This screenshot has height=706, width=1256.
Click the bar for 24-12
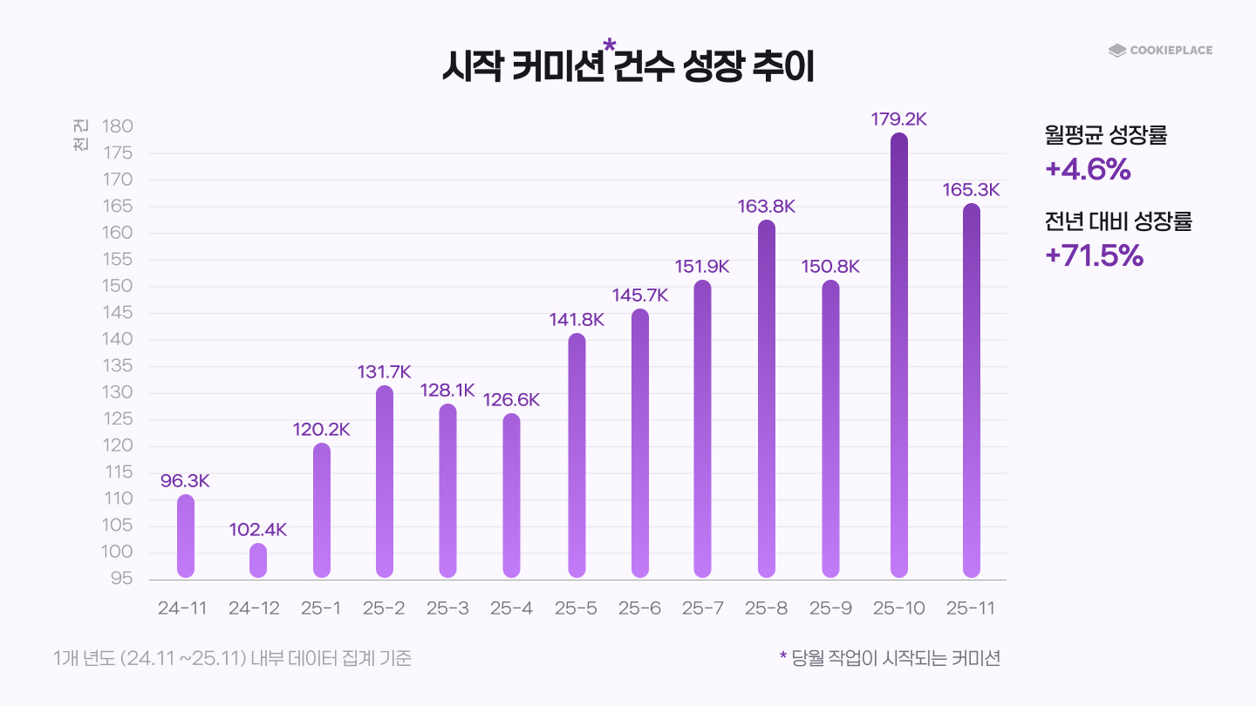click(258, 560)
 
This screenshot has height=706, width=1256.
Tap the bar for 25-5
click(577, 455)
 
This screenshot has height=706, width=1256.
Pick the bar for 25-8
click(767, 398)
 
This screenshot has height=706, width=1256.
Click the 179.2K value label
click(898, 119)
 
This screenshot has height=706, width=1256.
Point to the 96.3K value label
click(186, 481)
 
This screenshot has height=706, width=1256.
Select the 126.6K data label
click(512, 400)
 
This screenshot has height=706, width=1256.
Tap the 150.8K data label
click(830, 267)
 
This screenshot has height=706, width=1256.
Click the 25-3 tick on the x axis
click(447, 608)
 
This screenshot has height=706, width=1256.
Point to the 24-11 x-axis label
click(182, 608)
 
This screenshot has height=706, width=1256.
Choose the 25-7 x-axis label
click(703, 608)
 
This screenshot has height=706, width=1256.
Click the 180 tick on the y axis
click(117, 126)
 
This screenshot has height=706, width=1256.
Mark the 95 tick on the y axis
click(121, 579)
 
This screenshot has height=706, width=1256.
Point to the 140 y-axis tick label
click(117, 339)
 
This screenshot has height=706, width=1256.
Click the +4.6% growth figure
click(1088, 170)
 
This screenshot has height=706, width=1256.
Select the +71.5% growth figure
click(1094, 255)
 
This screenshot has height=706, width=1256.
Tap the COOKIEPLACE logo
click(1160, 51)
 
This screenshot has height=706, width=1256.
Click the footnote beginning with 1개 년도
click(232, 658)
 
